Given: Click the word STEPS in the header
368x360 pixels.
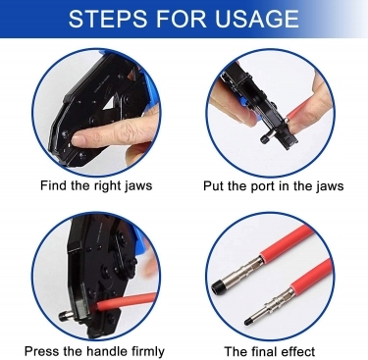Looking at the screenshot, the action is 108,19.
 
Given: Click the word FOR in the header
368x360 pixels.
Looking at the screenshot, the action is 182,19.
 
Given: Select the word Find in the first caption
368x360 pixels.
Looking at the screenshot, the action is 54,185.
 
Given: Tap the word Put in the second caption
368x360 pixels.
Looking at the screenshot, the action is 214,185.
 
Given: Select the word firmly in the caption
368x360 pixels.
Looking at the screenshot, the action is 147,352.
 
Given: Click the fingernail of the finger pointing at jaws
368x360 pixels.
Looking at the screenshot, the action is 79,140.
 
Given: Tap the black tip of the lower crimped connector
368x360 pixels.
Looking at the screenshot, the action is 248,321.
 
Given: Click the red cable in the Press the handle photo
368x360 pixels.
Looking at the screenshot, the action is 126,301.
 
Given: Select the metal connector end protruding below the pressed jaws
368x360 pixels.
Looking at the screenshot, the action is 66,316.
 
